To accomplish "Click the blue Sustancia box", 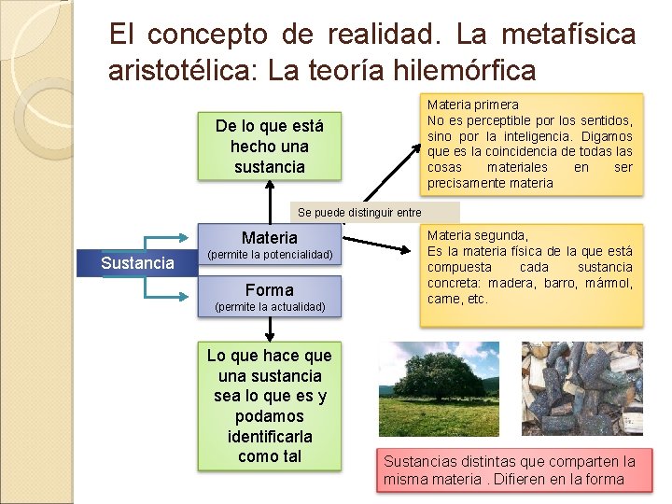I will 137,263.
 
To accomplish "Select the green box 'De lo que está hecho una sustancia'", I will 269,147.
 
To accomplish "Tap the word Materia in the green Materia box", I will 269,238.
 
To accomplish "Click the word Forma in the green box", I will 269,290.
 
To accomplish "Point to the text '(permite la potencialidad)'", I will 269,255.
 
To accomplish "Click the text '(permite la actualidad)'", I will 269,307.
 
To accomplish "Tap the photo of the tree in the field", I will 439,388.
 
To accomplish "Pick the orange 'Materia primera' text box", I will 530,144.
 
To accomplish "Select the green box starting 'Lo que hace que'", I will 269,406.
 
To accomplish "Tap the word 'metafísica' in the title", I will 567,35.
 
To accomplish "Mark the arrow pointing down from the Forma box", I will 270,329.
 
